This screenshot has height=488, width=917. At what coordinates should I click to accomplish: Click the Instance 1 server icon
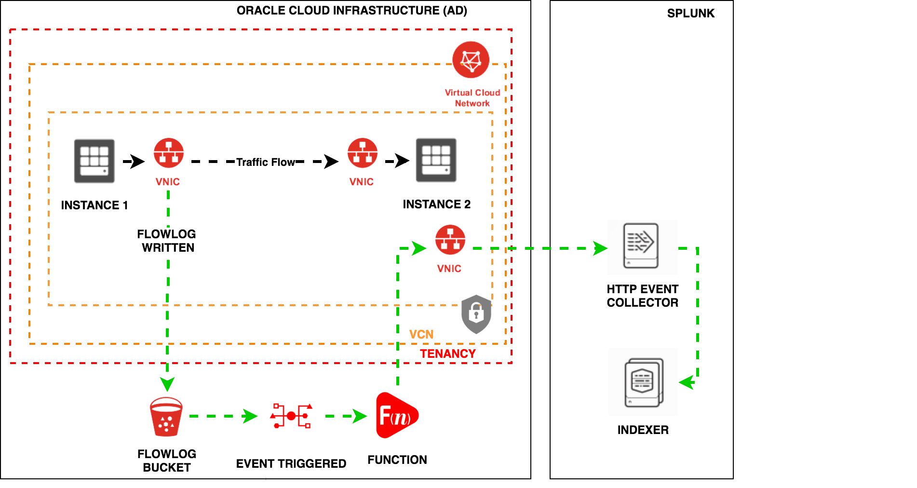pos(94,161)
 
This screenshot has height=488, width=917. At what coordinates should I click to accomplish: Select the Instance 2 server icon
pos(436,160)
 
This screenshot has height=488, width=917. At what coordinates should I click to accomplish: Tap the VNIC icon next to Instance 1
pos(168,153)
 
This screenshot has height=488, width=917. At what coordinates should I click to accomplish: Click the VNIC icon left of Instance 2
pos(363,153)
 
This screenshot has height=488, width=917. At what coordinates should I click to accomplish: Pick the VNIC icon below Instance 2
pos(450,240)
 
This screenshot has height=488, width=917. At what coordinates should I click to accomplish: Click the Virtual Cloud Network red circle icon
pos(471,60)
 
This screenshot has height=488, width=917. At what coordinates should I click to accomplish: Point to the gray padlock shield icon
pos(476,314)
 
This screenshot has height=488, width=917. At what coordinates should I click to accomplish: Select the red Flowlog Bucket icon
pos(166,417)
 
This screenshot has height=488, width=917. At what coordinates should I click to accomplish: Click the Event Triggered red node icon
pos(292,416)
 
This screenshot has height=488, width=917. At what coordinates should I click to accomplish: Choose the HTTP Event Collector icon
pos(641,246)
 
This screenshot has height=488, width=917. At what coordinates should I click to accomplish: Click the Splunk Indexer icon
pos(644,382)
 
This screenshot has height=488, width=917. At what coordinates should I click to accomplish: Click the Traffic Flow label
pos(266,162)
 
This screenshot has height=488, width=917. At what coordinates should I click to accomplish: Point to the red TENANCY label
pos(447,353)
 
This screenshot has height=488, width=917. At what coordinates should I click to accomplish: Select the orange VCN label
pos(421,334)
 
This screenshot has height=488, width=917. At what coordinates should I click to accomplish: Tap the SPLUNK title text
pos(690,14)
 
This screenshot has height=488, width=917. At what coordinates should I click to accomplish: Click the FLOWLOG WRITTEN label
pos(167,241)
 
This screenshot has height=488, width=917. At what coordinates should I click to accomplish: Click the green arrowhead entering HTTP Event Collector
pos(600,248)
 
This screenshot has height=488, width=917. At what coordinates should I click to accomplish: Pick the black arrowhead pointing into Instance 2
pos(402,161)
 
